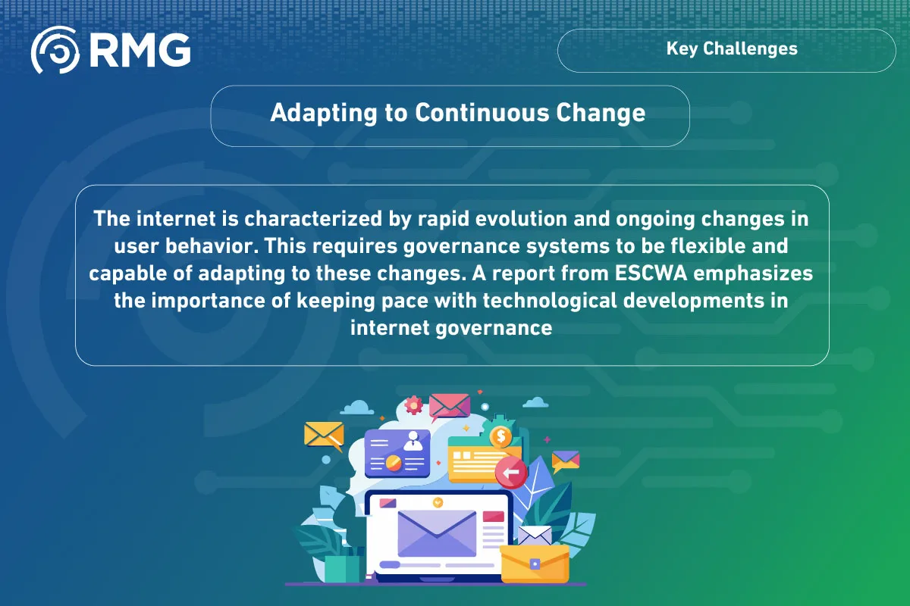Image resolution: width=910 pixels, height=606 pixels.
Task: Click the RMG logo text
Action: (x=140, y=51)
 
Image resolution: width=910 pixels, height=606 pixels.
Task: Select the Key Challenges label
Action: (x=732, y=49)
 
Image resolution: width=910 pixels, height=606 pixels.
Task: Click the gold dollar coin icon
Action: (x=500, y=436)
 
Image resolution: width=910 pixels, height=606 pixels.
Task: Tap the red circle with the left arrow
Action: (x=511, y=473)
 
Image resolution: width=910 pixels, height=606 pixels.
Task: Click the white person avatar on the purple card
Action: (x=413, y=441)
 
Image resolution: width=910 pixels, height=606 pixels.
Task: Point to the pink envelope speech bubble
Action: (x=449, y=406)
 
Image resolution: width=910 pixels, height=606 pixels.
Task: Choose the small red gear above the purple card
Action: (x=413, y=405)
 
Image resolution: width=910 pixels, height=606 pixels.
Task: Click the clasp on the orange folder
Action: (x=535, y=564)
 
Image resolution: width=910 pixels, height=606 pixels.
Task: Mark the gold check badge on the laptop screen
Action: (x=438, y=502)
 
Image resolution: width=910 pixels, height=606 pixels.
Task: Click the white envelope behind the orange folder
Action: (x=535, y=536)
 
